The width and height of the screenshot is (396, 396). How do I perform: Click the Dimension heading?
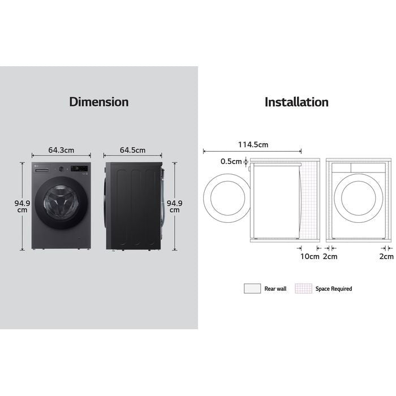(x=99, y=102)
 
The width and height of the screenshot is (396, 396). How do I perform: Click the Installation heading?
(x=296, y=102)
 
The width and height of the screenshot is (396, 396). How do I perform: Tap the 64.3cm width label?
(x=61, y=150)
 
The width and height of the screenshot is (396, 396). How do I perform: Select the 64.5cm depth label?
(x=133, y=150)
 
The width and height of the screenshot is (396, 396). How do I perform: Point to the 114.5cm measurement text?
(x=252, y=145)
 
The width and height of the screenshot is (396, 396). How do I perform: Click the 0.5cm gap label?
(x=231, y=161)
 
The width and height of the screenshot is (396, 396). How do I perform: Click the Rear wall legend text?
(x=276, y=289)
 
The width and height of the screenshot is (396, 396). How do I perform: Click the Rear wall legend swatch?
(x=252, y=289)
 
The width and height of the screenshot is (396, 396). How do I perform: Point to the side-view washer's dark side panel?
(x=133, y=206)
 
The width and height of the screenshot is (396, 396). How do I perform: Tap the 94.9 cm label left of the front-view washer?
(x=21, y=206)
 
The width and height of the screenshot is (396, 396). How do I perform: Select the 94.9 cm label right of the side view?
(x=174, y=206)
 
